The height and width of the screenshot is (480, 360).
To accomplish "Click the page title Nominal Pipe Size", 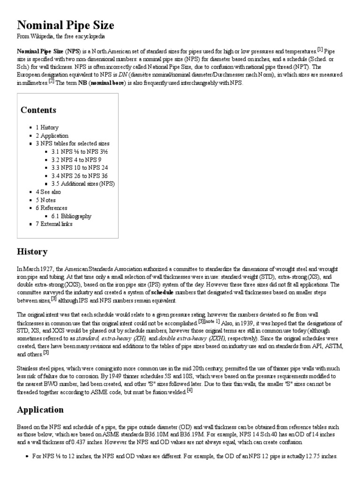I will (x=66, y=25).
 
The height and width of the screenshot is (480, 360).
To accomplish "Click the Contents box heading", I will (x=38, y=110).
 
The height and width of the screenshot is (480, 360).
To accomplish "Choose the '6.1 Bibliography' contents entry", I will (x=75, y=216).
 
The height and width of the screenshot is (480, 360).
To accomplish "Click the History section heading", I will (x=32, y=252).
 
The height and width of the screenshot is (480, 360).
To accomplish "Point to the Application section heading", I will (x=40, y=410).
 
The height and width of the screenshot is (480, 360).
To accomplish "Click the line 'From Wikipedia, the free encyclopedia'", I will (x=61, y=37).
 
